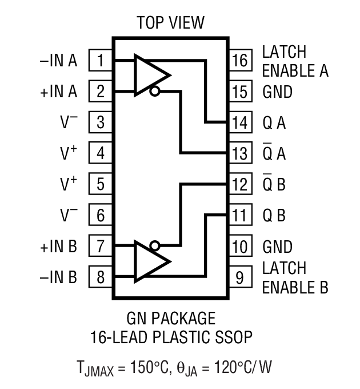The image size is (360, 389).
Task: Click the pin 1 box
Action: [x=101, y=60]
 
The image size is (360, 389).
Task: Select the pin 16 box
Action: [x=241, y=60]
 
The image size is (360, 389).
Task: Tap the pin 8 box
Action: [x=101, y=278]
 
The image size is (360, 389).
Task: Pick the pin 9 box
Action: [x=241, y=278]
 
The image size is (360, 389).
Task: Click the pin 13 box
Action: [x=241, y=153]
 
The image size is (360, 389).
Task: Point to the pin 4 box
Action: [x=101, y=153]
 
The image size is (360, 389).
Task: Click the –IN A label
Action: [x=58, y=60]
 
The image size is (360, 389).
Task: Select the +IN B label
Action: [x=58, y=247]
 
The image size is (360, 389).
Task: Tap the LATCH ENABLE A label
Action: [x=295, y=61]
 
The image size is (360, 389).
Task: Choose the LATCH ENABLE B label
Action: [x=295, y=277]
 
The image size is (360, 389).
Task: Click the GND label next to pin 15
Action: [x=277, y=92]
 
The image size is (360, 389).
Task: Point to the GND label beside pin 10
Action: [x=277, y=247]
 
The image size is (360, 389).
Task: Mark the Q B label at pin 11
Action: [x=274, y=216]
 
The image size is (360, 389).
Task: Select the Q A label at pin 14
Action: [x=274, y=122]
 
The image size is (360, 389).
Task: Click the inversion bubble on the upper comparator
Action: [x=154, y=91]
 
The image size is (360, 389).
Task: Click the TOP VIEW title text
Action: [x=170, y=23]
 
